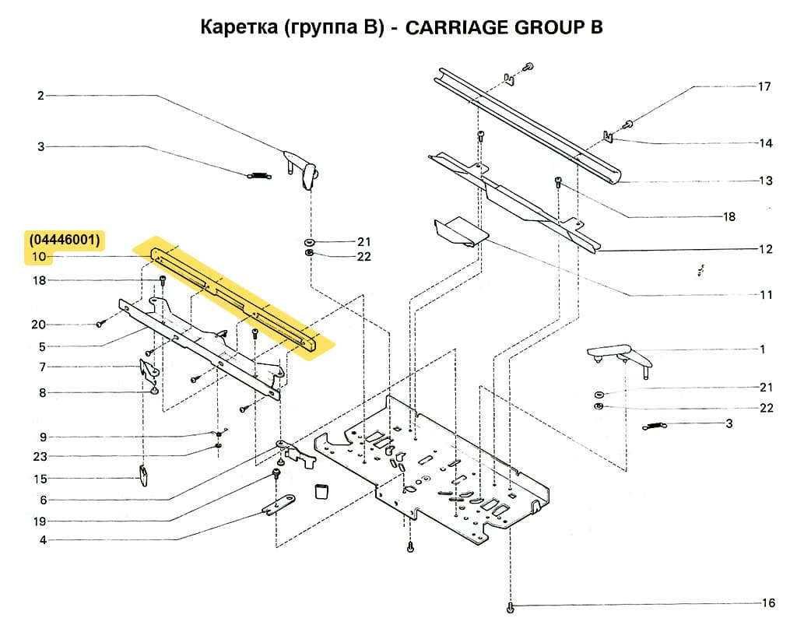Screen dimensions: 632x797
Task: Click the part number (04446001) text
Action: click(x=65, y=240)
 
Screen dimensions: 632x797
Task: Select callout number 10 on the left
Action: click(x=40, y=257)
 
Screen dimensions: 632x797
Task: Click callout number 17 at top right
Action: click(x=764, y=86)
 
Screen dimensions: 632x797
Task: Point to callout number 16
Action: click(x=769, y=603)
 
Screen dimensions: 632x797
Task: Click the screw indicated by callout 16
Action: click(x=511, y=606)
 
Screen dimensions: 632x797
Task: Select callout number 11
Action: click(x=767, y=295)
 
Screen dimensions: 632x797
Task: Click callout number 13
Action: click(x=767, y=181)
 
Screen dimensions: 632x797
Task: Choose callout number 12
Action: click(x=767, y=249)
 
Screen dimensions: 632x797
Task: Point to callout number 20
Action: click(x=38, y=325)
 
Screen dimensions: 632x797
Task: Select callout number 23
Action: click(x=40, y=456)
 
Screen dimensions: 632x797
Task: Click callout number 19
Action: click(x=40, y=521)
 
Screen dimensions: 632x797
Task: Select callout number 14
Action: click(x=767, y=143)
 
